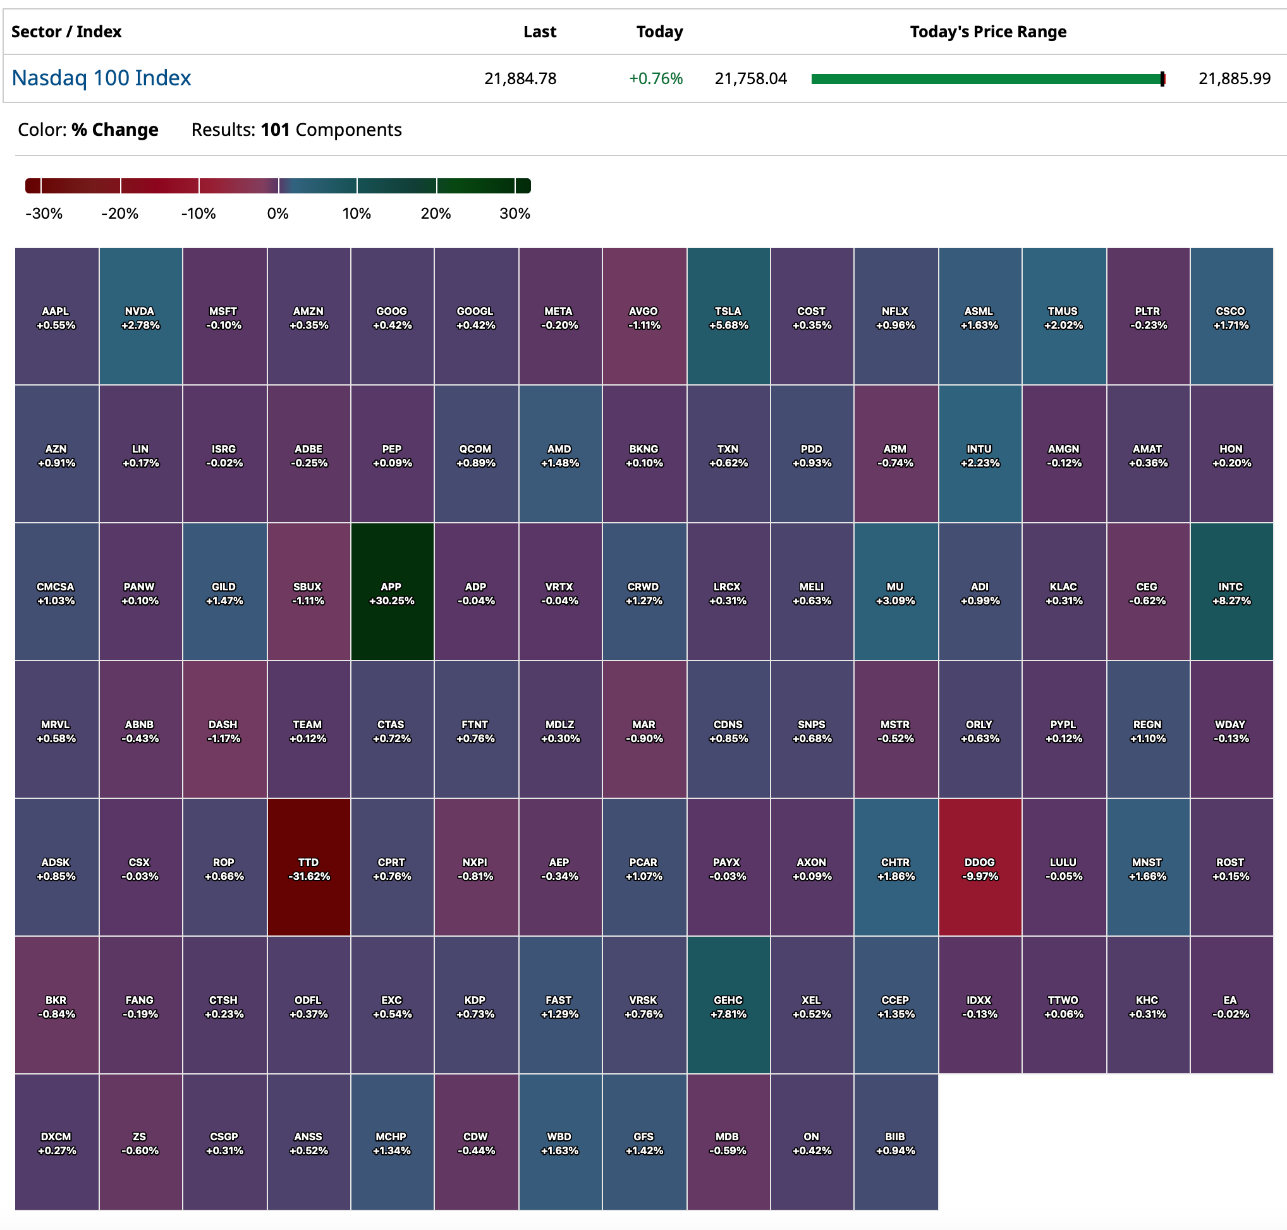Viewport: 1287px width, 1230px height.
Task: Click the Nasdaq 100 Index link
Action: point(101,78)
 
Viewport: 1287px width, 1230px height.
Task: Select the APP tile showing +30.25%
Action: point(391,592)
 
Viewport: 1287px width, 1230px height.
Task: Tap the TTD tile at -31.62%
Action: point(308,867)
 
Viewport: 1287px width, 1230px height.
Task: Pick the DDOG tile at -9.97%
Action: point(980,867)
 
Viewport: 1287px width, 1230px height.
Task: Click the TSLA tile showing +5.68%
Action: point(728,316)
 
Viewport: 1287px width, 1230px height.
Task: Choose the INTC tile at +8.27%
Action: point(1231,592)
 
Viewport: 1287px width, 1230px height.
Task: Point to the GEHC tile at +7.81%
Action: point(728,1004)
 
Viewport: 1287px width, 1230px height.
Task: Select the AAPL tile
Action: point(56,316)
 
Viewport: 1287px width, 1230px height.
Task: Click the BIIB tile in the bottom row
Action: point(895,1142)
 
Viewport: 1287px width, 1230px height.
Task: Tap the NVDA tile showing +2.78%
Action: point(140,316)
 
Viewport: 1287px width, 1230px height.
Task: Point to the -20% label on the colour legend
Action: point(119,214)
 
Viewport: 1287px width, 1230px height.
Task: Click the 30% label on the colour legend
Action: point(515,214)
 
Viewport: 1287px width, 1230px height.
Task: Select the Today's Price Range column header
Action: point(987,32)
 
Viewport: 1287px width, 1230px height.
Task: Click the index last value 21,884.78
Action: point(520,78)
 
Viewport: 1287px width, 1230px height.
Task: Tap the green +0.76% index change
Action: point(655,78)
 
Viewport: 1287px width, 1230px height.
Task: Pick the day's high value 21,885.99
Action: point(1234,78)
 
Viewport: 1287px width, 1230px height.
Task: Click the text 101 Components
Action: point(331,130)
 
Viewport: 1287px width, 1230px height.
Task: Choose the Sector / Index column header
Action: point(66,32)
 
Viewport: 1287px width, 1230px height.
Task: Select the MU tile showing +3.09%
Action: point(895,592)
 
